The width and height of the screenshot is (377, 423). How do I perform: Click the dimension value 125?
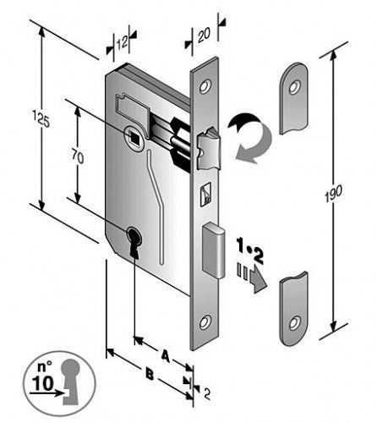click(41, 118)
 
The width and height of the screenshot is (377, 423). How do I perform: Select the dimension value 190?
click(333, 194)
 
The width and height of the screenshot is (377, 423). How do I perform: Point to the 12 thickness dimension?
click(122, 43)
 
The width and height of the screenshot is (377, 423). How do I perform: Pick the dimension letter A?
click(166, 356)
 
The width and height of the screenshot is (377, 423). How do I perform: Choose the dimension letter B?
click(149, 375)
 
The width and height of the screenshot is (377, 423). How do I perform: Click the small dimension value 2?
click(207, 393)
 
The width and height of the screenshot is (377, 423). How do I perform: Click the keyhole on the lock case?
click(134, 240)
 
